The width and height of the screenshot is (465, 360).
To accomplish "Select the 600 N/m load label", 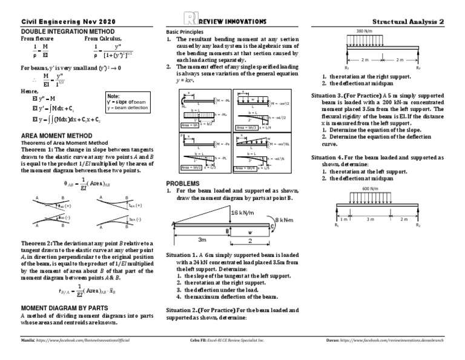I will [371, 188].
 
